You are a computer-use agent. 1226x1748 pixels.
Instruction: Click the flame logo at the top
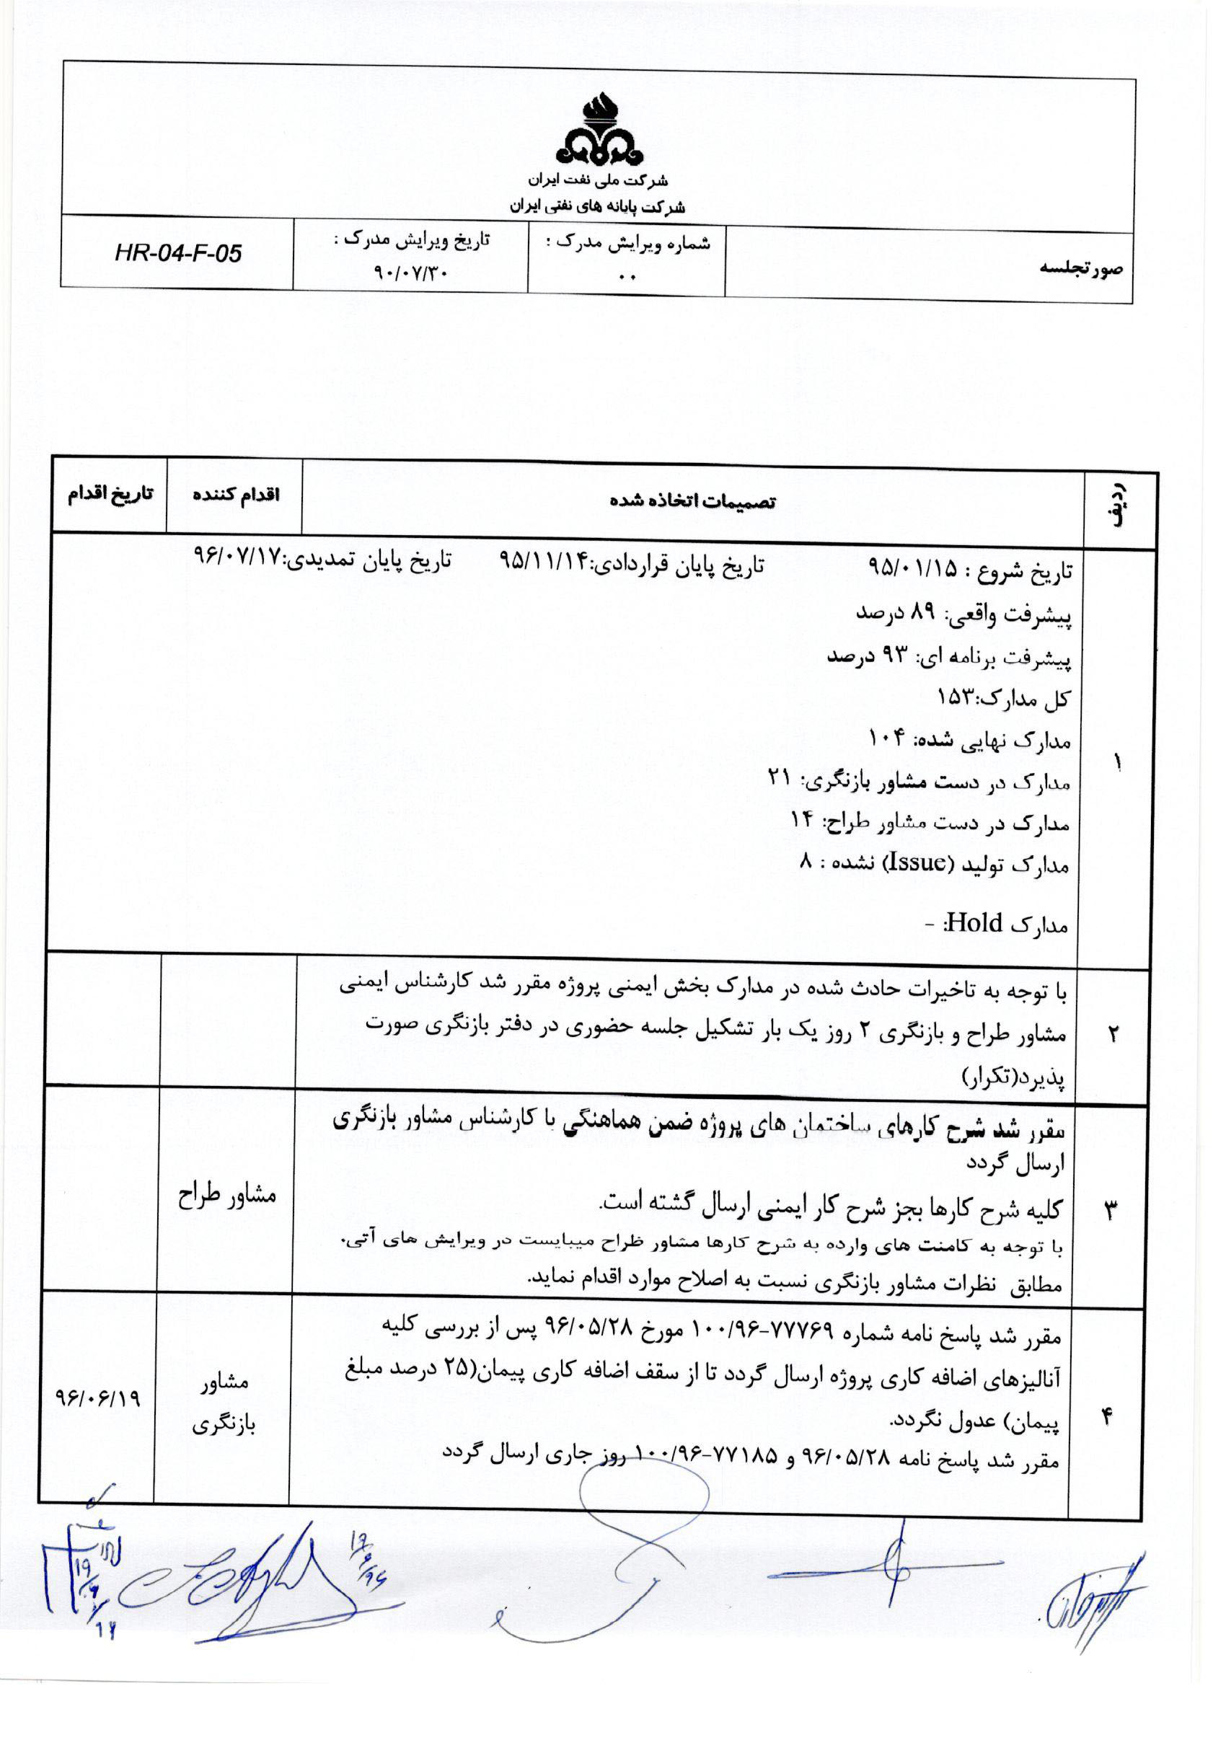(x=599, y=132)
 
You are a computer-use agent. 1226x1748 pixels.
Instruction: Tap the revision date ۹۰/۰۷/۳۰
(x=410, y=273)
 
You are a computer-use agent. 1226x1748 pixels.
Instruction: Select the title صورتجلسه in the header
(x=1080, y=268)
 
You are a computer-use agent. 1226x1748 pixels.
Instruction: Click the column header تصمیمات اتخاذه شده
(x=692, y=502)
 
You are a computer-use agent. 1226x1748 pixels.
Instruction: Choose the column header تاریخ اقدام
(x=110, y=493)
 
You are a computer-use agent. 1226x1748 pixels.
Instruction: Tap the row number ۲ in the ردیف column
(x=1113, y=1034)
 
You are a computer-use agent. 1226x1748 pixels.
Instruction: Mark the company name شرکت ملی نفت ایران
(x=599, y=181)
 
